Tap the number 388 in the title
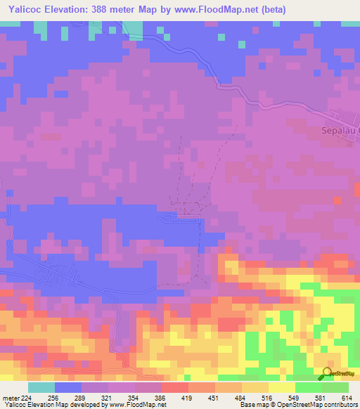coord(115,10)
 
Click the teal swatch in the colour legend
coord(41,387)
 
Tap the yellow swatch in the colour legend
coord(281,387)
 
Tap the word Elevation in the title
coord(73,10)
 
